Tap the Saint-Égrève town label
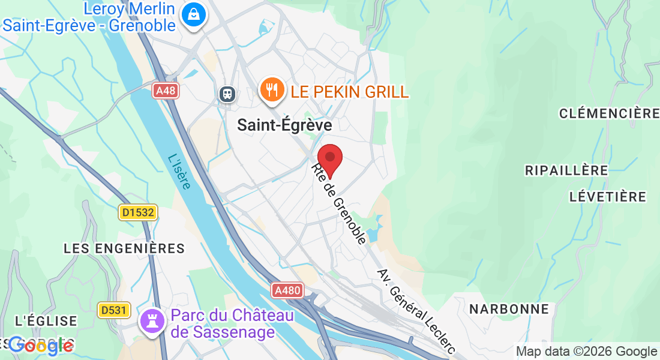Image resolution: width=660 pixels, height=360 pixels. click(x=284, y=125)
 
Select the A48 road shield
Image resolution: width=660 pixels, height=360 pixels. click(x=165, y=91)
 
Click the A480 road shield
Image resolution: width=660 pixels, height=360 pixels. click(x=287, y=291)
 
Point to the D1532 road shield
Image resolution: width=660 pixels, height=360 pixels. click(x=137, y=212)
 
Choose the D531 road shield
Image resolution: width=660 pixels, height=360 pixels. click(x=114, y=310)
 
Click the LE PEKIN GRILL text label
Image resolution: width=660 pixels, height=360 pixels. click(x=350, y=92)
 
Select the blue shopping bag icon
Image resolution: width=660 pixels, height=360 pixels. click(x=194, y=14)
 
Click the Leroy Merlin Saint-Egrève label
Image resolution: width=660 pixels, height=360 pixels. click(x=90, y=17)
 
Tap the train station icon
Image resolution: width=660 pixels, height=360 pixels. click(x=227, y=94)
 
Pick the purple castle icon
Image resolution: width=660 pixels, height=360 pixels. click(x=152, y=320)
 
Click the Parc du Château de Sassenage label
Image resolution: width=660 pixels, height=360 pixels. click(x=232, y=323)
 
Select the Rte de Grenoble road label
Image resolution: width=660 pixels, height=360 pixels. click(x=339, y=204)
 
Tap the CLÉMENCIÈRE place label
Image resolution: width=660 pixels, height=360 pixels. click(x=609, y=113)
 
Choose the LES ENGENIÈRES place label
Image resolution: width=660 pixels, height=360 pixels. click(x=124, y=248)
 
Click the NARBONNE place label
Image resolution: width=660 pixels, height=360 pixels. click(x=509, y=309)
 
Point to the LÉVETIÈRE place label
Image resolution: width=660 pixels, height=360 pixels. click(x=607, y=197)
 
